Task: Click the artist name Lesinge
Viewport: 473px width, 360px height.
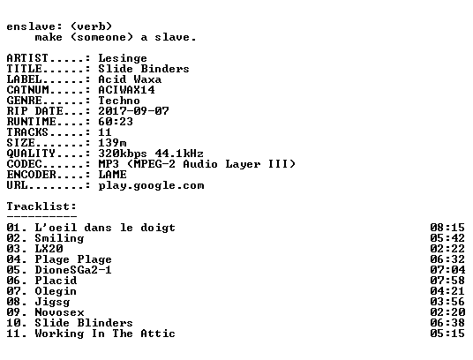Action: pos(123,58)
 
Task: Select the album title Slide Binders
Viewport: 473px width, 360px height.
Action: pos(144,69)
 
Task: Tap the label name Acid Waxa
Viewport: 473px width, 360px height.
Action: pos(130,79)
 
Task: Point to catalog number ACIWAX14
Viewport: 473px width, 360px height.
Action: pos(126,90)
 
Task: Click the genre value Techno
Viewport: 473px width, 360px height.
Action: pos(119,101)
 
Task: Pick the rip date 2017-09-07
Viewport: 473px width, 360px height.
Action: pos(133,111)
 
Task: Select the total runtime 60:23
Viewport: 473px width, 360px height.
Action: pos(116,122)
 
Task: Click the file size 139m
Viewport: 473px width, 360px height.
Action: pos(112,143)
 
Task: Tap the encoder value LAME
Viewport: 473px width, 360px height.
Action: pos(112,175)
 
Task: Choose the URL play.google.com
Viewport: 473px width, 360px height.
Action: pos(151,185)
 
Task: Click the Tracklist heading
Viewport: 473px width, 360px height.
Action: pos(41,206)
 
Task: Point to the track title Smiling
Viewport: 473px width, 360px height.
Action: pos(59,238)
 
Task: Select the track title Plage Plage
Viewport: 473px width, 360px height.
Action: pos(73,259)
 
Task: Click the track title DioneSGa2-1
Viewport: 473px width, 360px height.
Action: pos(73,270)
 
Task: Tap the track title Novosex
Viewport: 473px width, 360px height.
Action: pos(59,312)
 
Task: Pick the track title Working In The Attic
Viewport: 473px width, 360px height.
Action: pos(105,334)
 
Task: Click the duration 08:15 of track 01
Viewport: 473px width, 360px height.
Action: pos(447,228)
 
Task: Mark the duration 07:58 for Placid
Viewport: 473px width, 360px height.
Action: pos(447,281)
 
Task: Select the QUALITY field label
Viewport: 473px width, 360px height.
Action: pos(31,154)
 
